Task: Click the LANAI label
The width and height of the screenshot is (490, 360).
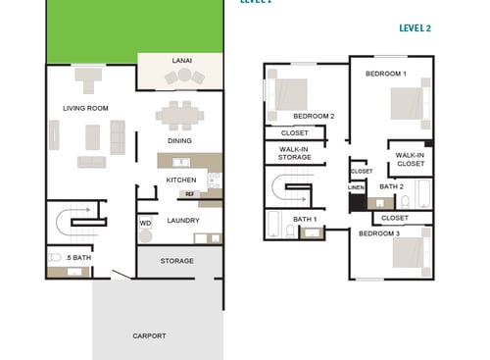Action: [181, 61]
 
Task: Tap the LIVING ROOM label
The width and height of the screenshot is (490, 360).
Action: [85, 108]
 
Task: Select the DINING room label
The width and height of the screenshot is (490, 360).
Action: [179, 140]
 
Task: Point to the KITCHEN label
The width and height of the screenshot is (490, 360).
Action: [181, 180]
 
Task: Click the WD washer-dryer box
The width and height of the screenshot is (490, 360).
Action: [145, 223]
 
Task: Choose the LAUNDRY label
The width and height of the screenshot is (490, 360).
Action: [183, 221]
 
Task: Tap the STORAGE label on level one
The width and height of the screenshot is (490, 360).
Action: [177, 261]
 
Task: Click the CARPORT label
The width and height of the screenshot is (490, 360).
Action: [149, 335]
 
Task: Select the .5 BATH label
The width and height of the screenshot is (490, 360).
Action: [79, 257]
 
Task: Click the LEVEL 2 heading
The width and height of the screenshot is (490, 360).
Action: [416, 28]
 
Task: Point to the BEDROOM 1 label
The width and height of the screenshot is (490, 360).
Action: [385, 74]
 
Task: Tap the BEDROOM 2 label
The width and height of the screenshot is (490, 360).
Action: [314, 116]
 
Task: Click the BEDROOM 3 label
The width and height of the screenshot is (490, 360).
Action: [378, 233]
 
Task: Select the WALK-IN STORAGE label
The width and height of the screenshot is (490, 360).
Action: [294, 152]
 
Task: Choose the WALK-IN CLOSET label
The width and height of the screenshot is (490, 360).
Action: [410, 159]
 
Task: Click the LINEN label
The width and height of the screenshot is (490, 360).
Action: [356, 187]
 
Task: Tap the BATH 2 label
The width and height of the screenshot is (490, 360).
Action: [391, 186]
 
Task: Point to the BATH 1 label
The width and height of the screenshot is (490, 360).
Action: [304, 219]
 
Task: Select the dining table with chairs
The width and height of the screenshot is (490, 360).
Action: [180, 114]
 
